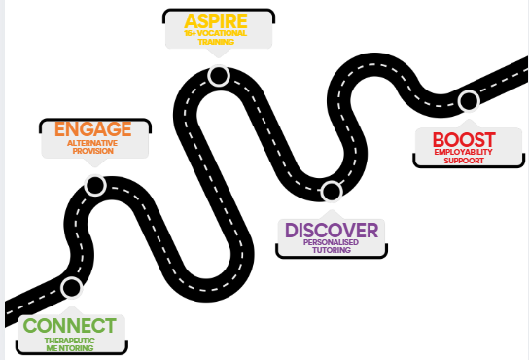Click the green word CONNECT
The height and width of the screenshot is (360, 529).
click(x=69, y=325)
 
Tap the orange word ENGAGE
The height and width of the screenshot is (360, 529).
click(x=93, y=129)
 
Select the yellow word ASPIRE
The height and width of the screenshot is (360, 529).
click(x=216, y=21)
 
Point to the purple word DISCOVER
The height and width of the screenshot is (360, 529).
click(x=332, y=231)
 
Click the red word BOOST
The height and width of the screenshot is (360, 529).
click(x=464, y=140)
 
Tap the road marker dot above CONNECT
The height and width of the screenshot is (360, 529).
click(x=72, y=288)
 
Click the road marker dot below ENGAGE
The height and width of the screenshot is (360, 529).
click(x=95, y=185)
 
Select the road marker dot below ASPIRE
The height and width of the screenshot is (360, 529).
click(x=219, y=76)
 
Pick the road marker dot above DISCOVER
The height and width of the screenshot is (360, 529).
click(x=332, y=191)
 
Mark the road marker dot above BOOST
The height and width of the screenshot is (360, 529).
click(x=469, y=100)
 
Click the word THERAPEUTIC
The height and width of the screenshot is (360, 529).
click(x=69, y=341)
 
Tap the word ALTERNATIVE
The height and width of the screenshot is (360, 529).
click(x=92, y=143)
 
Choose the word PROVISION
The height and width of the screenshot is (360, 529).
click(x=93, y=151)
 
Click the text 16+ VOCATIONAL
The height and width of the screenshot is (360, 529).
click(x=216, y=33)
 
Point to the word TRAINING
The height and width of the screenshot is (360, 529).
click(x=216, y=42)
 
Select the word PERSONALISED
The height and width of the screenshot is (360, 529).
click(x=331, y=242)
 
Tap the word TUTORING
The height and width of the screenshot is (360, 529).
click(x=332, y=250)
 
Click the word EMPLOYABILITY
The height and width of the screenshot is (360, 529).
click(x=463, y=152)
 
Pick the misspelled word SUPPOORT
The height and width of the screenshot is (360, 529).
click(x=464, y=161)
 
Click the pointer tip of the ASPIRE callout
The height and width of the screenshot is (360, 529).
click(x=219, y=57)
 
